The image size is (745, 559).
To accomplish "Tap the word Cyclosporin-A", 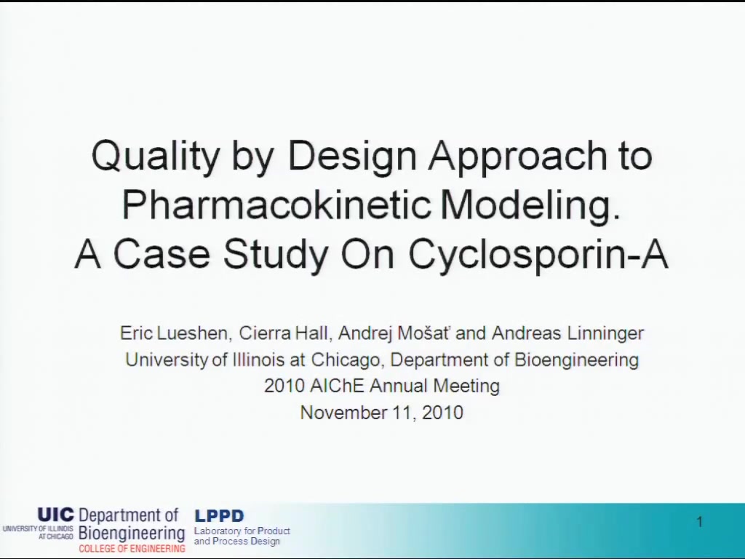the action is (x=538, y=254).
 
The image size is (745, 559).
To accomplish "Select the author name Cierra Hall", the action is (x=284, y=333).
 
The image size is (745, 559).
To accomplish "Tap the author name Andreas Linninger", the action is (x=567, y=334).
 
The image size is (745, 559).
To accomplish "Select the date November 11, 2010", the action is (x=381, y=412).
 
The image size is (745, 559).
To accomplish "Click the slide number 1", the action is (x=699, y=522).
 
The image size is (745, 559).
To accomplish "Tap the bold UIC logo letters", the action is (x=56, y=515).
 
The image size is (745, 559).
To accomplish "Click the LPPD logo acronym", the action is (x=219, y=516).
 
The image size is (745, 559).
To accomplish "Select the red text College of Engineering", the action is (x=132, y=549).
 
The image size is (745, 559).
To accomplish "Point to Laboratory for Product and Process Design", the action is (x=242, y=536).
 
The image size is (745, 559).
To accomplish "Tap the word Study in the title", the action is (x=275, y=254).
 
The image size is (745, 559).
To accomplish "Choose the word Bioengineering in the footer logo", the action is (x=132, y=534).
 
